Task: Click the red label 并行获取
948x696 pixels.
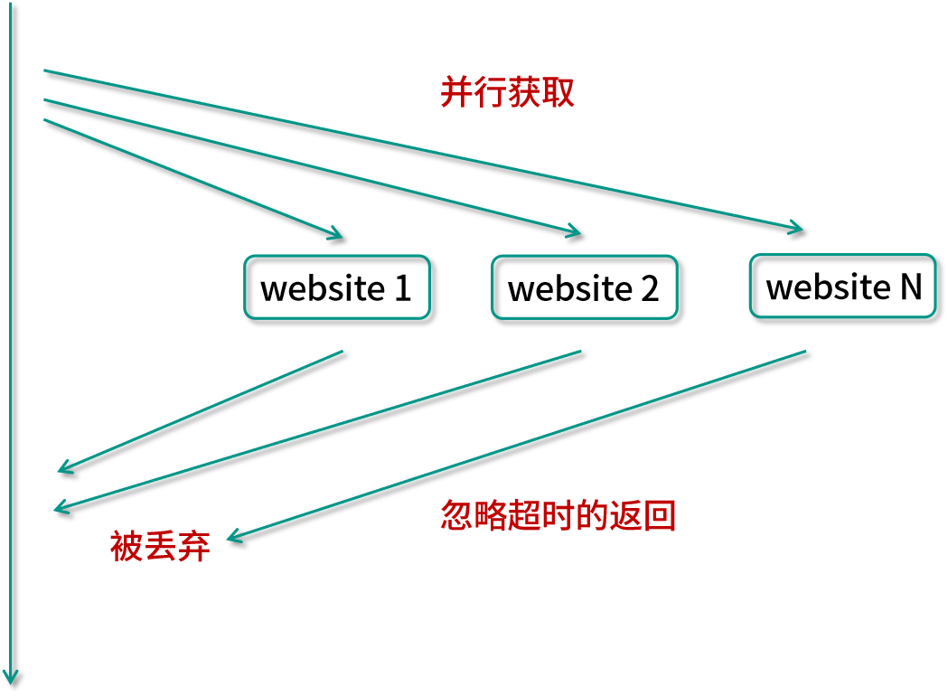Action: pyautogui.click(x=507, y=92)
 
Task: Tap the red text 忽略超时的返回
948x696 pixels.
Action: pyautogui.click(x=558, y=515)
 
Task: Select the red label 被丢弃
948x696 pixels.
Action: pyautogui.click(x=160, y=546)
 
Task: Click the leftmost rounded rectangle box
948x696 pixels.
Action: pyautogui.click(x=337, y=287)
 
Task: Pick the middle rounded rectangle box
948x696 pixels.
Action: pyautogui.click(x=584, y=287)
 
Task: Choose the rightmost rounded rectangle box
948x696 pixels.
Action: pyautogui.click(x=842, y=286)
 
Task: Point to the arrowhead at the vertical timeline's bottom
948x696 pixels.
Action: pyautogui.click(x=11, y=676)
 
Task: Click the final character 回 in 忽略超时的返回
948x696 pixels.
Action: pyautogui.click(x=661, y=515)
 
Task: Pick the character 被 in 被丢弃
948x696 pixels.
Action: pyautogui.click(x=127, y=546)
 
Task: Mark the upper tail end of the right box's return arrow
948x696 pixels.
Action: pyautogui.click(x=804, y=351)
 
